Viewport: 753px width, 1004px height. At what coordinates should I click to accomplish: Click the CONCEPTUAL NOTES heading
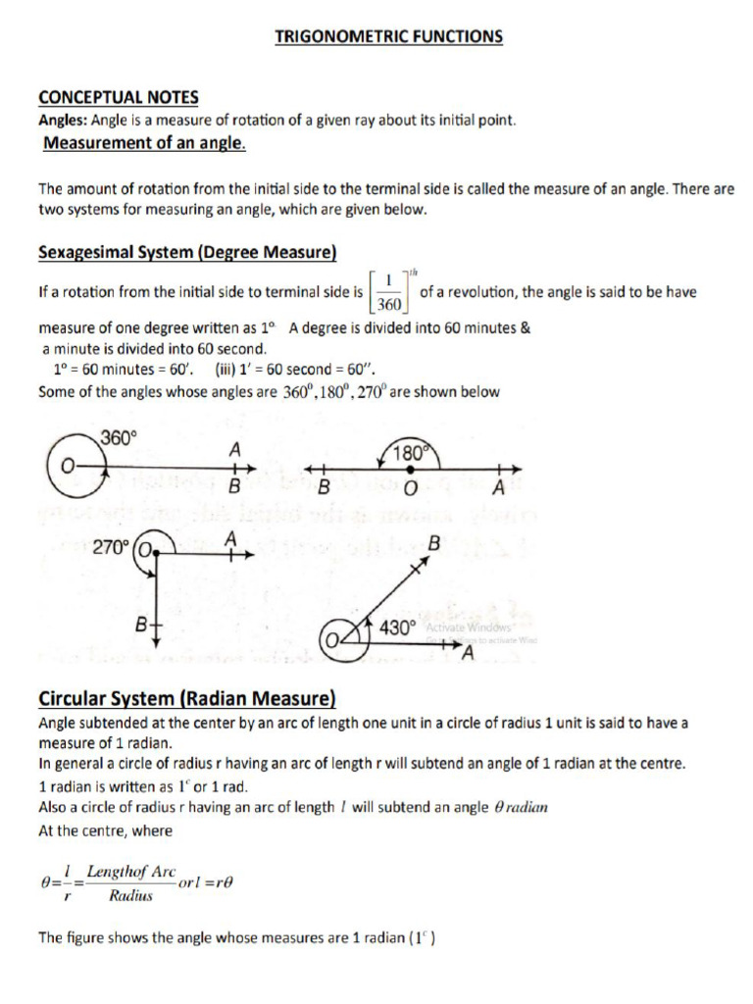click(x=118, y=97)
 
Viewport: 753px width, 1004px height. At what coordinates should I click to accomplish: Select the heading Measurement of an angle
click(x=144, y=144)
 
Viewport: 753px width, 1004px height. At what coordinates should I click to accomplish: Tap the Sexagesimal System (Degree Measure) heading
click(x=187, y=252)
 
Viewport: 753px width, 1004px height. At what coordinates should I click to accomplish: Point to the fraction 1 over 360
click(x=389, y=292)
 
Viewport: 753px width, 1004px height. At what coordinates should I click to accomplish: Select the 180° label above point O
click(x=409, y=453)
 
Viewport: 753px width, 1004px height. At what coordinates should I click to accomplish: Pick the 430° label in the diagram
click(x=398, y=628)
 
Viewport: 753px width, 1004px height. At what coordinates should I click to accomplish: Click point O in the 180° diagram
click(x=411, y=487)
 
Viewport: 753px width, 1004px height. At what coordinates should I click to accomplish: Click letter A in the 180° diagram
click(x=499, y=487)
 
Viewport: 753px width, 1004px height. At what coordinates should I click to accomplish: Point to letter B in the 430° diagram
click(x=434, y=541)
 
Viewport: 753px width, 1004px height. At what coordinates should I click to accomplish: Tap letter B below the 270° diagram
click(x=140, y=624)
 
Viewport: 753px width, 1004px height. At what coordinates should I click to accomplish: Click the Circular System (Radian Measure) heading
click(x=186, y=698)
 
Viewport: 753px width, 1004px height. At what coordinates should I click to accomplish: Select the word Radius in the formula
click(x=130, y=895)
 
